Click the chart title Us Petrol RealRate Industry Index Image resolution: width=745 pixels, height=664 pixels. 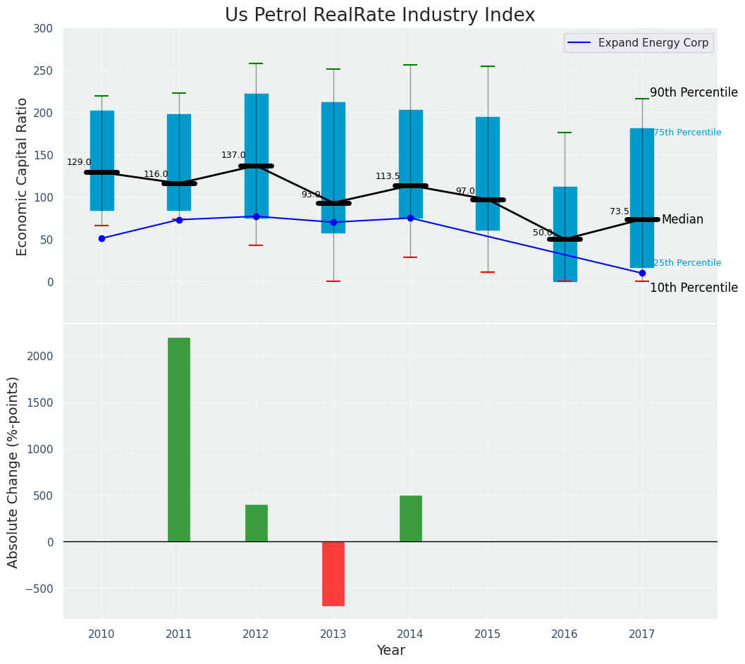tap(380, 16)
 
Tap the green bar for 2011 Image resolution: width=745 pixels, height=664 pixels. tap(179, 439)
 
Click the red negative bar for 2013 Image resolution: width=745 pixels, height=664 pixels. tap(333, 573)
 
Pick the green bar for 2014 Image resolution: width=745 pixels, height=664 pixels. tap(410, 518)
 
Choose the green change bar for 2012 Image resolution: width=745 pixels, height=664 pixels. tap(256, 523)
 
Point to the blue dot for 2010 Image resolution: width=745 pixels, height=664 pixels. tap(101, 238)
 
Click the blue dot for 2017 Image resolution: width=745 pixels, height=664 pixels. tap(642, 273)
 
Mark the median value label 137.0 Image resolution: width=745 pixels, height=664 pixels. tap(233, 155)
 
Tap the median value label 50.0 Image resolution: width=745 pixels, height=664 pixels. tap(543, 233)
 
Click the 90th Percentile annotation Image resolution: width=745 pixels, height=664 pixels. tap(694, 93)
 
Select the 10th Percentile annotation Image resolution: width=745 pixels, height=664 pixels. tap(694, 288)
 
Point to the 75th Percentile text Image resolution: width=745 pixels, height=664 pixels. tap(687, 133)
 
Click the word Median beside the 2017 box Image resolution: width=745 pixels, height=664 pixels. tap(682, 220)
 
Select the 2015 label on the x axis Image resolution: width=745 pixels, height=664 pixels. tap(488, 635)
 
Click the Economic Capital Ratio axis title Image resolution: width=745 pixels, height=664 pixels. tap(23, 176)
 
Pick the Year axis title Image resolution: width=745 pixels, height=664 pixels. tap(390, 651)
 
